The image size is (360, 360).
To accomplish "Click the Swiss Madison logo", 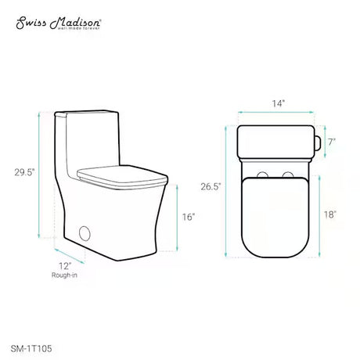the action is pyautogui.click(x=59, y=23).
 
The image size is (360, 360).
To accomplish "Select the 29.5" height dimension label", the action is pyautogui.click(x=24, y=172).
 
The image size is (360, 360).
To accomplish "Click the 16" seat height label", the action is pyautogui.click(x=189, y=217).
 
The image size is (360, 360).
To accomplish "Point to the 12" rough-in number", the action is pyautogui.click(x=65, y=266).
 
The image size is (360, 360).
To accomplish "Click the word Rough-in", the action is pyautogui.click(x=64, y=275).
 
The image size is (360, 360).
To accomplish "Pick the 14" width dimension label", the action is pyautogui.click(x=278, y=103).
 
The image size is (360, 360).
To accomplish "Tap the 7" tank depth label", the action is pyautogui.click(x=331, y=142).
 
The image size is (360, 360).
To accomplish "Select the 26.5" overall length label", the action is pyautogui.click(x=211, y=186).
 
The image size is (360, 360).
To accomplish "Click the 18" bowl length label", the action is pyautogui.click(x=330, y=214).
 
